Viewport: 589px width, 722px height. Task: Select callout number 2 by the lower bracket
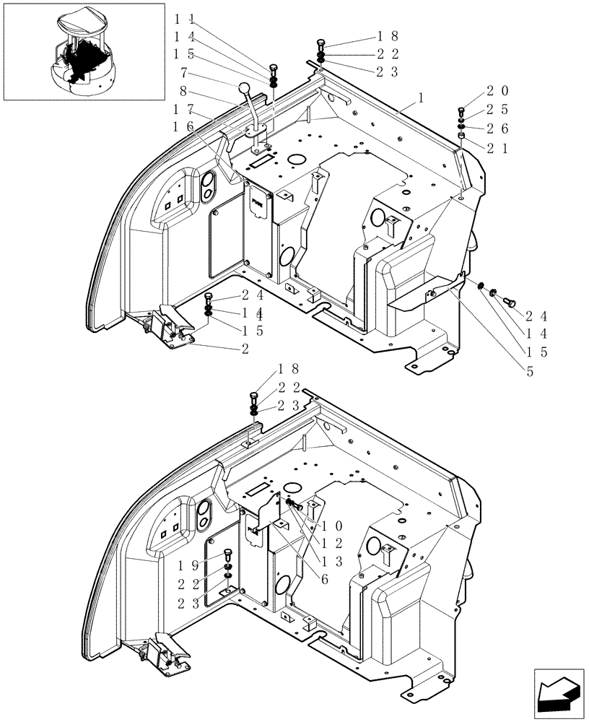[x=245, y=349]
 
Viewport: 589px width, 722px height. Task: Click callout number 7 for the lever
[x=184, y=72]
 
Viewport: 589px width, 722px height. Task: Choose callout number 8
[x=184, y=91]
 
